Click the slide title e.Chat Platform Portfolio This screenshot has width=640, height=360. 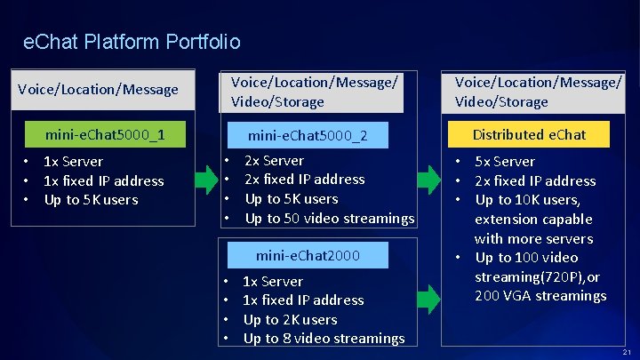(x=132, y=42)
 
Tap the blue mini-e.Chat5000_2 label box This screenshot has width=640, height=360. (x=307, y=135)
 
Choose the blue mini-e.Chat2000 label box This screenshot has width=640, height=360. (x=307, y=255)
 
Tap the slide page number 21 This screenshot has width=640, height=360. (x=628, y=353)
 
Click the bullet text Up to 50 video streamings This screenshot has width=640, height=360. (x=330, y=218)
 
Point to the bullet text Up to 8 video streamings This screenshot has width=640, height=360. (x=324, y=338)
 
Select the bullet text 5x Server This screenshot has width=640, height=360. (x=505, y=161)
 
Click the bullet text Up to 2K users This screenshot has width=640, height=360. (x=290, y=319)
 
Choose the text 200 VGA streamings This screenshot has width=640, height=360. (x=540, y=295)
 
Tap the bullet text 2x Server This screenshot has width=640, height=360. (x=274, y=160)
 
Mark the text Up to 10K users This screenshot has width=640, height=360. (x=527, y=200)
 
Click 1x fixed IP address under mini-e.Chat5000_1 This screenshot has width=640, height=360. (x=104, y=180)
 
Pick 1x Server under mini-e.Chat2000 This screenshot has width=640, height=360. (x=273, y=281)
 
